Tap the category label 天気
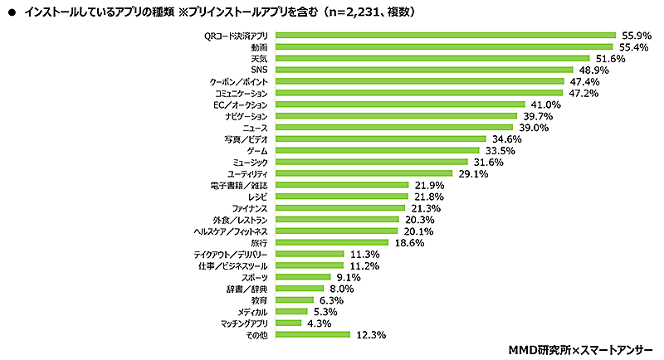click(x=258, y=59)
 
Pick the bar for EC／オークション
click(x=399, y=105)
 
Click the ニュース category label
click(x=254, y=129)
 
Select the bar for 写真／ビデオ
click(x=379, y=139)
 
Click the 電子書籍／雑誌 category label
click(x=239, y=186)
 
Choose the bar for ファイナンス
click(x=339, y=208)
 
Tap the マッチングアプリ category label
click(x=243, y=323)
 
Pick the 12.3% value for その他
click(x=368, y=335)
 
